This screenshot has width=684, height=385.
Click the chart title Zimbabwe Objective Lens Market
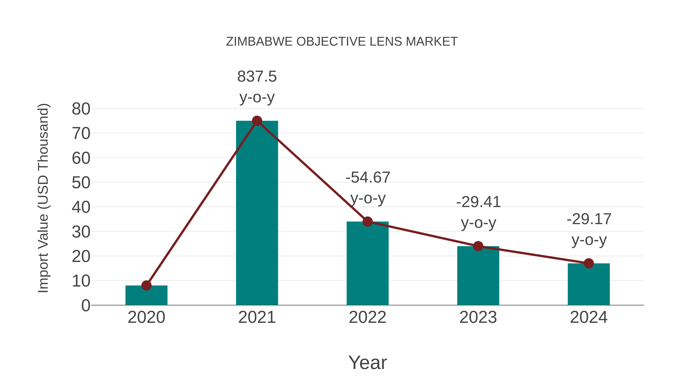coord(342,42)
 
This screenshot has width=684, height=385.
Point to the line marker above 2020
coord(146,286)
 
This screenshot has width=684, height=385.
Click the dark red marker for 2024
coord(589,263)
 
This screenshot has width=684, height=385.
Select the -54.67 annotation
coord(368,178)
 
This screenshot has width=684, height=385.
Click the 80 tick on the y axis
coord(81,109)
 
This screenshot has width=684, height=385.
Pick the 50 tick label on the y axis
coord(81,183)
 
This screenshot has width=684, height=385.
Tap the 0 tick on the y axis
coord(85,306)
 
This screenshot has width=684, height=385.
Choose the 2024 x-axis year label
coord(589,317)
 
